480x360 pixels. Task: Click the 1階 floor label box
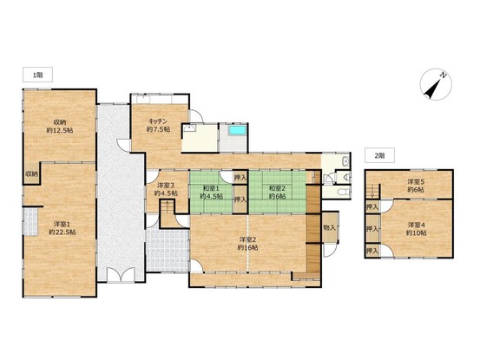tap(37, 75)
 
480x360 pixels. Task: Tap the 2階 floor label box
tap(379, 155)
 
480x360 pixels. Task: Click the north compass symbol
tap(436, 84)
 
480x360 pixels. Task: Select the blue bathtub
tap(238, 130)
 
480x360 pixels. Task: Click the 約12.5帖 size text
tap(60, 131)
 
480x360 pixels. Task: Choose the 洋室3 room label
tap(166, 185)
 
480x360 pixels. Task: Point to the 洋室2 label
tap(247, 239)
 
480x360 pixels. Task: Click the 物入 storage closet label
tap(329, 227)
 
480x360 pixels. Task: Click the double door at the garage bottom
tap(122, 274)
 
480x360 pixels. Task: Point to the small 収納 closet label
tap(31, 174)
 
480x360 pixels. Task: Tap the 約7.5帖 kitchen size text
tap(158, 129)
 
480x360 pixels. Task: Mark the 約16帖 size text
tap(247, 247)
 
